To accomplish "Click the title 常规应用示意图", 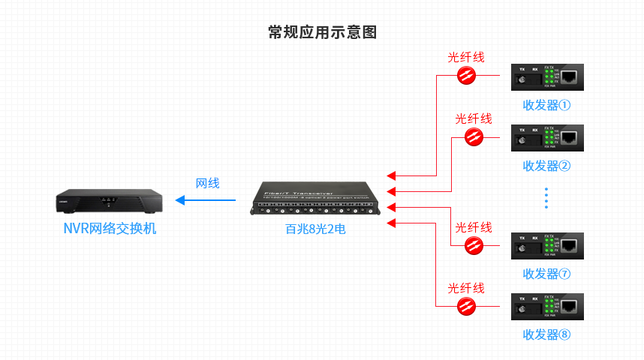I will click(x=322, y=32).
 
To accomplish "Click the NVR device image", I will click(x=109, y=200).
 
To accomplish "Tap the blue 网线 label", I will click(x=207, y=183).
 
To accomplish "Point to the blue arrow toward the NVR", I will click(x=205, y=200).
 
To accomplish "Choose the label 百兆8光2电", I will click(x=315, y=229).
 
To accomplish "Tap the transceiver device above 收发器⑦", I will click(x=546, y=246).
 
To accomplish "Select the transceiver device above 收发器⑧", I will click(x=546, y=307).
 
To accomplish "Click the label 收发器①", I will click(x=546, y=105).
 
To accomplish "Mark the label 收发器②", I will click(x=546, y=166).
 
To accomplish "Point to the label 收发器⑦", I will click(x=546, y=274).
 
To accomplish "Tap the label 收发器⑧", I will click(x=546, y=334).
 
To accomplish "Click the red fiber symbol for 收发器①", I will click(x=466, y=75).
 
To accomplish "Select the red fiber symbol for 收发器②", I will click(x=474, y=136).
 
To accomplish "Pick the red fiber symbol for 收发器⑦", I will click(x=474, y=245).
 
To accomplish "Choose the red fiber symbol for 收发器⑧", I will click(x=466, y=306).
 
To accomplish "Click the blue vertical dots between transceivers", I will click(x=546, y=198).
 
